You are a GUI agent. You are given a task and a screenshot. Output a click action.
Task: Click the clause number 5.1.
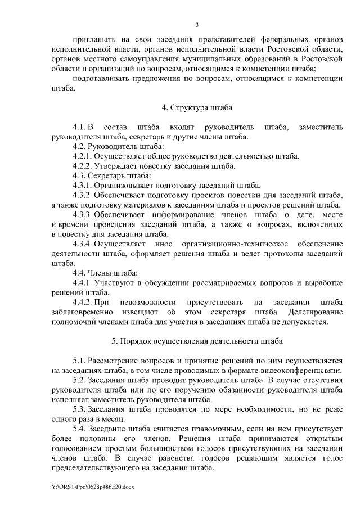click(79, 361)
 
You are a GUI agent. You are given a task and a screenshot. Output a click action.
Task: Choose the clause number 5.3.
click(79, 409)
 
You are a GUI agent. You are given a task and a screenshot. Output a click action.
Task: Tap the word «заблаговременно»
click(84, 312)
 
